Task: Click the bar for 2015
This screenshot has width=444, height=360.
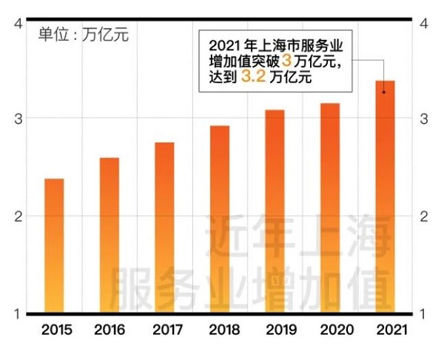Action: [x=54, y=245]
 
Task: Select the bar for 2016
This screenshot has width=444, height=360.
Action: [x=110, y=235]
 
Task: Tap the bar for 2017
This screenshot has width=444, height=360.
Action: [x=164, y=227]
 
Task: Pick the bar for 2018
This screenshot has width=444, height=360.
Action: [x=220, y=219]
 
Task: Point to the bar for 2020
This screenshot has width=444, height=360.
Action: [x=330, y=208]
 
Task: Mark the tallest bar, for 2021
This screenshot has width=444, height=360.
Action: [x=385, y=196]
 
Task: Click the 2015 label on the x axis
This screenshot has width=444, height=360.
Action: [x=55, y=330]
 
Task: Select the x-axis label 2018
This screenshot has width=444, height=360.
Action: [x=221, y=330]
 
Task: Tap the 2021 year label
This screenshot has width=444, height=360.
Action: [x=387, y=330]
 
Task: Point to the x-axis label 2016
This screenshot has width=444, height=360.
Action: [x=111, y=330]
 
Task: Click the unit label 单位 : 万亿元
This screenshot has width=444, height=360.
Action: [x=83, y=35]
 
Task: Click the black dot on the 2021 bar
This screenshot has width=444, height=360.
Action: [x=384, y=92]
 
